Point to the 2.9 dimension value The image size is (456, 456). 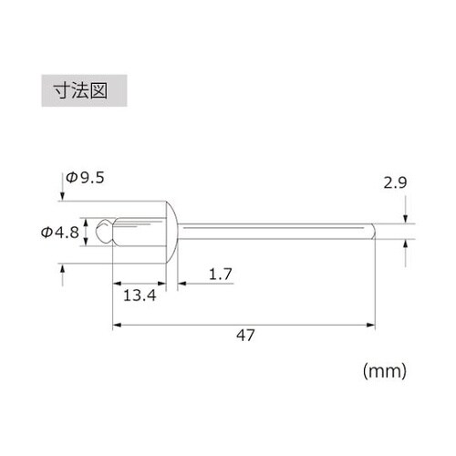[x=395, y=183]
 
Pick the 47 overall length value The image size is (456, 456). [x=244, y=335]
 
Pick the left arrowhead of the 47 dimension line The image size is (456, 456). [x=116, y=323]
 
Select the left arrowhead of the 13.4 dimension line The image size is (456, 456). [x=116, y=283]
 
